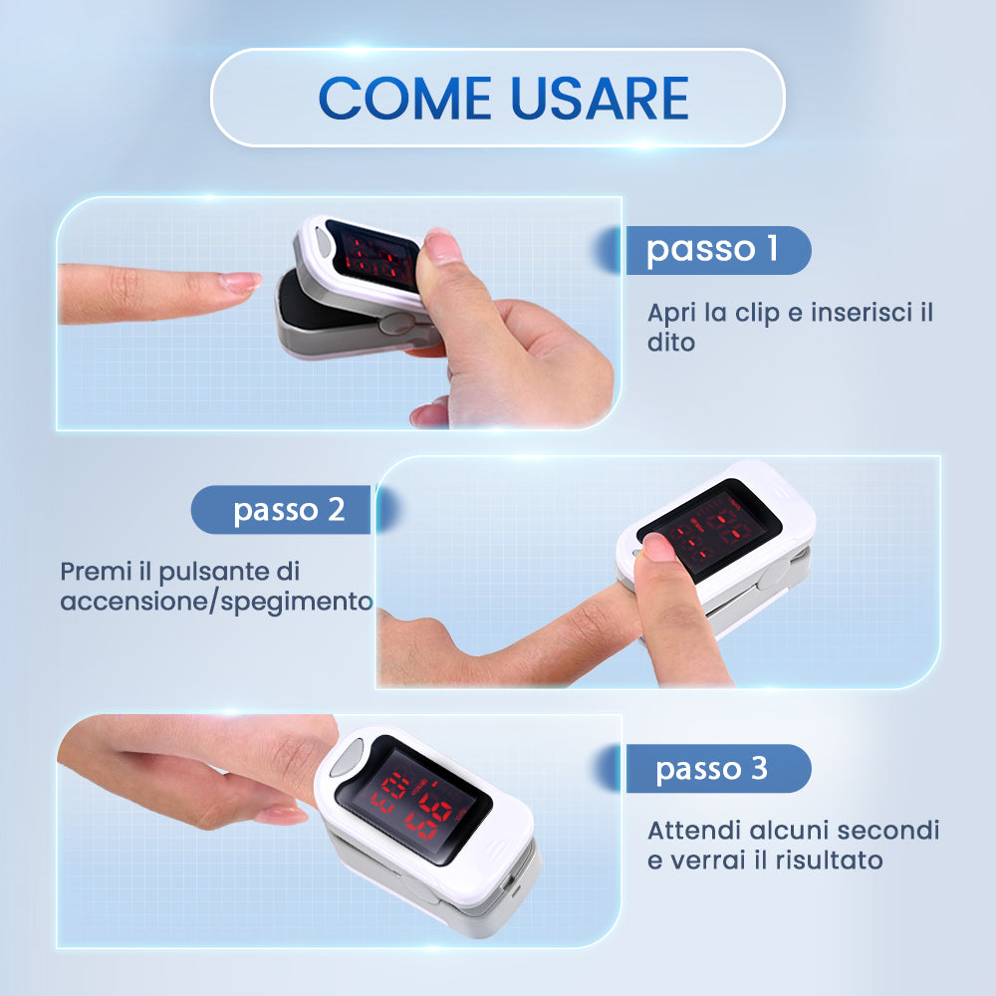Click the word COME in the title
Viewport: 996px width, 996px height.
pos(405,98)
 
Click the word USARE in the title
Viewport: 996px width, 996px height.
pos(601,98)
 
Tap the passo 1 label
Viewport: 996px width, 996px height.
pos(712,250)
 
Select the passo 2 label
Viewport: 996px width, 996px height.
pos(289,510)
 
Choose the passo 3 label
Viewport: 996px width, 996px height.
pos(711,769)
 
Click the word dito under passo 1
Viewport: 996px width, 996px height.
pos(670,343)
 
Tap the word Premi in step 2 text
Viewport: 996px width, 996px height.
pos(97,572)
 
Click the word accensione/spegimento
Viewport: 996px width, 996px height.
pos(216,602)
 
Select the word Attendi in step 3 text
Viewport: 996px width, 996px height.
pos(694,831)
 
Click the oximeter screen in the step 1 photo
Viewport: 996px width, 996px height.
pos(373,256)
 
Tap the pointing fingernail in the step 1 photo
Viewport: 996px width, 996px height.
pos(240,282)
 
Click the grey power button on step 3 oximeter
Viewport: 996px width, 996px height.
pos(348,757)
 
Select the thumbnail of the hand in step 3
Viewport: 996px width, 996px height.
pos(282,815)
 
